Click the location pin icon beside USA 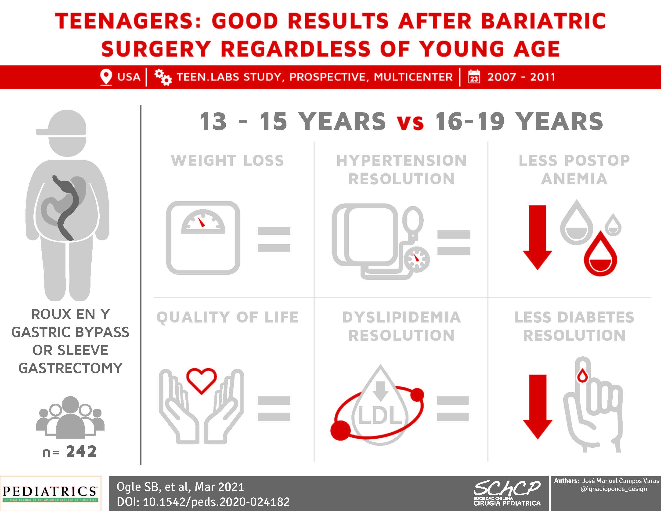pos(106,77)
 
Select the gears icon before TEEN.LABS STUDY pos(163,77)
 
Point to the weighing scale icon pos(203,238)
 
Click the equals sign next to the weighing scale pos(274,239)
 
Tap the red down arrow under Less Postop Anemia pos(537,237)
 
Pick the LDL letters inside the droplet pos(380,415)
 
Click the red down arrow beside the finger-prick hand pos(538,406)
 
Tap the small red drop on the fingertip pos(583,376)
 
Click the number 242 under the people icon pos(81,451)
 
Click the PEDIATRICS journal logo pos(50,493)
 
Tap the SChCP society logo pos(507,493)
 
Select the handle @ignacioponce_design pos(614,489)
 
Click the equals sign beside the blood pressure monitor pos(453,243)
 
